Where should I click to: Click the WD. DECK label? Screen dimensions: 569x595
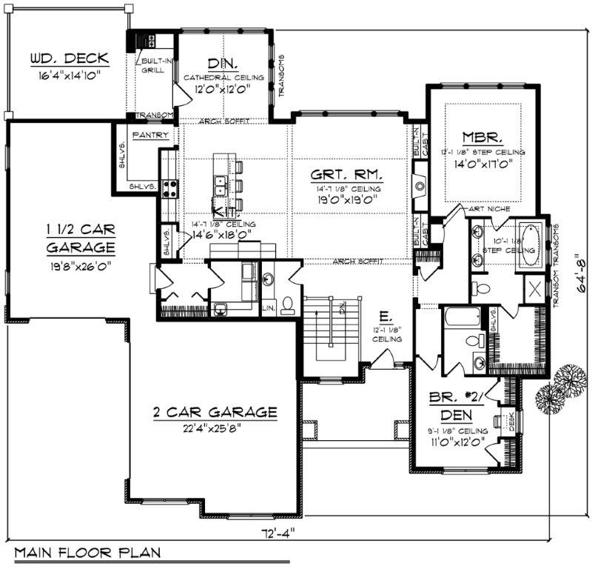coord(70,59)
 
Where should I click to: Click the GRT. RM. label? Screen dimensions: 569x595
coord(347,175)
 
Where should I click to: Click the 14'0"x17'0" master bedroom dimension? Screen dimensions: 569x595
coord(488,165)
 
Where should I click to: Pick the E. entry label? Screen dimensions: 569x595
coord(385,315)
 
